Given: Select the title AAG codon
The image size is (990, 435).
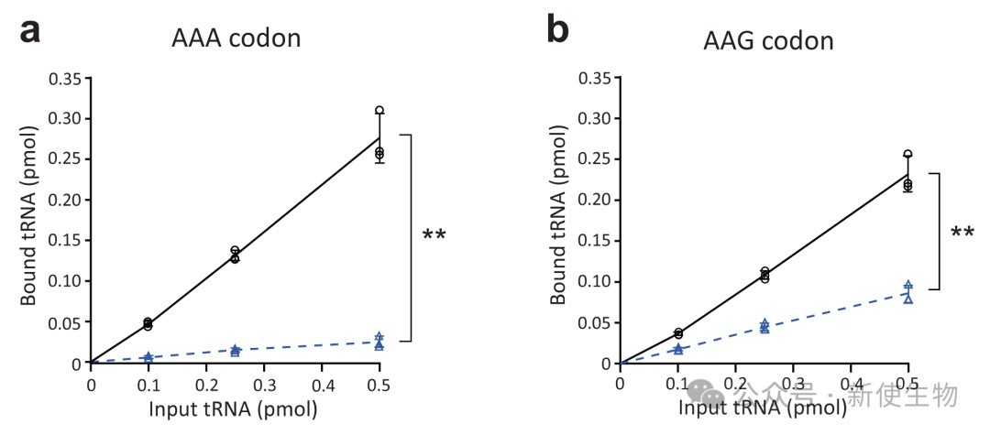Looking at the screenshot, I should pyautogui.click(x=768, y=41).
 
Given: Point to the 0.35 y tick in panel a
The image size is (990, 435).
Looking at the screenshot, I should pyautogui.click(x=60, y=78).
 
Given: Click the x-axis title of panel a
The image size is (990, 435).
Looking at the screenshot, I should pyautogui.click(x=234, y=408).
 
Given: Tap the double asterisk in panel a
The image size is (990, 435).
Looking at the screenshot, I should pyautogui.click(x=434, y=237).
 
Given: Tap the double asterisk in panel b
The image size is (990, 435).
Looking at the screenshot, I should pyautogui.click(x=962, y=234).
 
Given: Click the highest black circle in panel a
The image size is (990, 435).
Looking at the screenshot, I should pyautogui.click(x=379, y=111).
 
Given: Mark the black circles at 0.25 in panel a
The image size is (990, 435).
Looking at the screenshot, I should pyautogui.click(x=235, y=255).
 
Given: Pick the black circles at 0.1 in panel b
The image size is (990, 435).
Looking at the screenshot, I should pyautogui.click(x=677, y=333).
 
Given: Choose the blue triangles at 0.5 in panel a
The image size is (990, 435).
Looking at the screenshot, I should pyautogui.click(x=379, y=342).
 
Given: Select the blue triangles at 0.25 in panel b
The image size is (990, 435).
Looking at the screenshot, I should pyautogui.click(x=764, y=326).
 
